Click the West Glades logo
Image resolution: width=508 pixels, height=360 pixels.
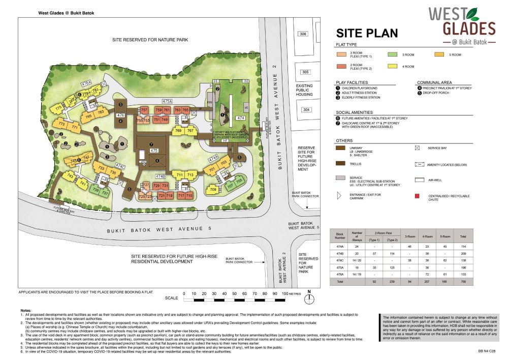coord(461,24)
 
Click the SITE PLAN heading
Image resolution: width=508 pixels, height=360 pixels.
coord(367,33)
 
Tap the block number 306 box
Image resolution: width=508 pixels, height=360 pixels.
coord(303,34)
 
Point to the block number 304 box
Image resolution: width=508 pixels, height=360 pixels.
coord(305,110)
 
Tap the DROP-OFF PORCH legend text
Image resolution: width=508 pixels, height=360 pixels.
coord(439,93)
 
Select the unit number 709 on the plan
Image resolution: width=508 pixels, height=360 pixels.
coord(213,190)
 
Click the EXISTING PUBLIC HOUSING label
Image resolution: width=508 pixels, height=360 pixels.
coord(308,90)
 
